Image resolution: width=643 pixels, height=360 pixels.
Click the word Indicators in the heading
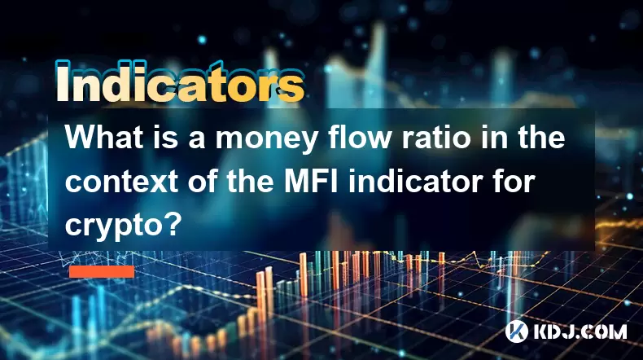click(181, 81)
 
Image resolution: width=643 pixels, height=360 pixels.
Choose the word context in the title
click(121, 182)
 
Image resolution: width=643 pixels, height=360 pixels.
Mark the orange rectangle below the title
click(102, 271)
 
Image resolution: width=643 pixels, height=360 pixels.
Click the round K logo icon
click(517, 331)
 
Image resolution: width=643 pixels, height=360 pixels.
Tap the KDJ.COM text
click(580, 331)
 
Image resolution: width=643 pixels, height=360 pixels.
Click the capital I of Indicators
click(62, 81)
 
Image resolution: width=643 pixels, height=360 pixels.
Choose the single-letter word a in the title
click(197, 140)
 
